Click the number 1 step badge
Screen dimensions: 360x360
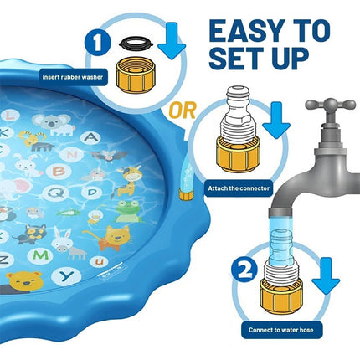click(x=97, y=44)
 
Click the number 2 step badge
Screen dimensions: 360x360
click(x=244, y=270)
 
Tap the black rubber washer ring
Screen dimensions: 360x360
click(x=136, y=43)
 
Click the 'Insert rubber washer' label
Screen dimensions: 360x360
click(x=73, y=77)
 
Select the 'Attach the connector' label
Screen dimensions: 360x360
click(x=239, y=188)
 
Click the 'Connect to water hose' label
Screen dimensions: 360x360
click(x=281, y=330)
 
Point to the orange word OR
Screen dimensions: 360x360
click(x=183, y=111)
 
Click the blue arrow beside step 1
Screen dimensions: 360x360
click(x=172, y=41)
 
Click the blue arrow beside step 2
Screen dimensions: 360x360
click(x=326, y=276)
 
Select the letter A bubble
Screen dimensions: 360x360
click(x=90, y=137)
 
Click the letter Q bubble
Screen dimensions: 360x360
click(x=56, y=193)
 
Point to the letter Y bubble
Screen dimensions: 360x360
click(x=67, y=276)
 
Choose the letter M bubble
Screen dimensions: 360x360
click(x=40, y=256)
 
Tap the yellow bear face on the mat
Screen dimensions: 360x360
click(x=24, y=280)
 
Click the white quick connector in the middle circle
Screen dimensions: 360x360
click(x=238, y=111)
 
